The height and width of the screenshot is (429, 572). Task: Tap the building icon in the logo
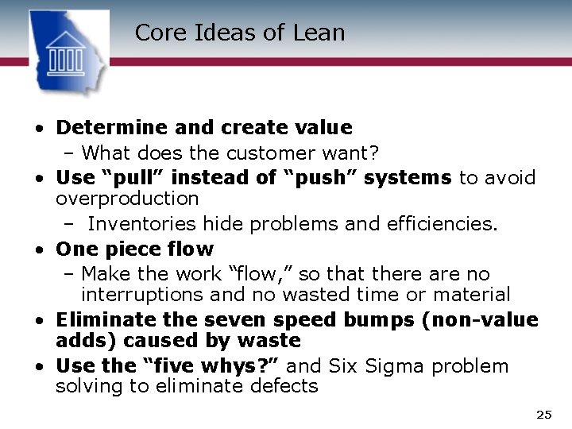tap(67, 53)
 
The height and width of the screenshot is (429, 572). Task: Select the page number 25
tap(543, 415)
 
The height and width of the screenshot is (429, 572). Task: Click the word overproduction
tap(127, 198)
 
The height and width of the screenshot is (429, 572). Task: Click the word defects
tap(285, 387)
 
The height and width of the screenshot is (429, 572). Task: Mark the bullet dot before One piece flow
tap(38, 250)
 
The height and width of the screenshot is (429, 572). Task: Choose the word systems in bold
tap(408, 178)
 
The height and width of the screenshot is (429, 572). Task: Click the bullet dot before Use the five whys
tap(38, 367)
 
